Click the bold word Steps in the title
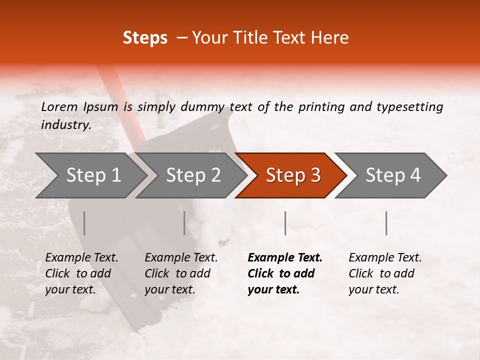coord(145,38)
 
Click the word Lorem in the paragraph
coord(59,106)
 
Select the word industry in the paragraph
coord(66,124)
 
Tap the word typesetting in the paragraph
coord(409,106)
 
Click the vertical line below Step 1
coord(84,223)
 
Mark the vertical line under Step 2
coord(184,223)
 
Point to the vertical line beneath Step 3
coord(285,223)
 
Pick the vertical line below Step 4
coord(386,223)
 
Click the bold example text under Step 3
coord(285,273)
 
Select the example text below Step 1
coord(81,273)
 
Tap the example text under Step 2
coord(181,273)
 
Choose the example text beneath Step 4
coord(385,273)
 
